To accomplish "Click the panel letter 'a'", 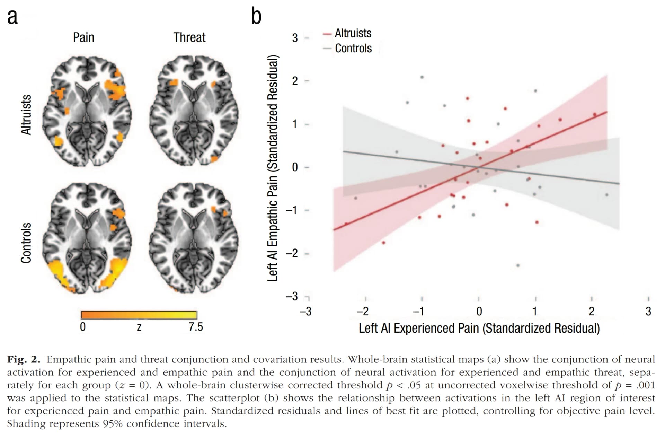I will pyautogui.click(x=12, y=17).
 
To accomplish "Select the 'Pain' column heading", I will pyautogui.click(x=83, y=37).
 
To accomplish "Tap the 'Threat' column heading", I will pyautogui.click(x=189, y=37).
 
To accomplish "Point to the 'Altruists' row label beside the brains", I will pyautogui.click(x=26, y=114).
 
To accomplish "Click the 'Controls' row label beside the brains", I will pyautogui.click(x=26, y=243).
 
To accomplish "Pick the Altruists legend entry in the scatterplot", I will pyautogui.click(x=353, y=33).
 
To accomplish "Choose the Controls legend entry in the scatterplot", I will pyautogui.click(x=353, y=49).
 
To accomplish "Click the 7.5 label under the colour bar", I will pyautogui.click(x=196, y=327).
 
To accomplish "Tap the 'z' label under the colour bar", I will pyautogui.click(x=139, y=327).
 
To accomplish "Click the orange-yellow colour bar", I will pyautogui.click(x=139, y=315).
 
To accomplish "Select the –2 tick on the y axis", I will pyautogui.click(x=292, y=253).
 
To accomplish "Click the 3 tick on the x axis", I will pyautogui.click(x=648, y=311).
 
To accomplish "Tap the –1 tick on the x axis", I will pyautogui.click(x=419, y=311).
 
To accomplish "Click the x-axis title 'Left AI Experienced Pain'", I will pyautogui.click(x=479, y=328).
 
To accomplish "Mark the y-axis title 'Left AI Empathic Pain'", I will pyautogui.click(x=273, y=168).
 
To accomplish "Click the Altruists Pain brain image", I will pyautogui.click(x=87, y=111).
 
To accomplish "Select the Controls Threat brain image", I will pyautogui.click(x=194, y=239).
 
